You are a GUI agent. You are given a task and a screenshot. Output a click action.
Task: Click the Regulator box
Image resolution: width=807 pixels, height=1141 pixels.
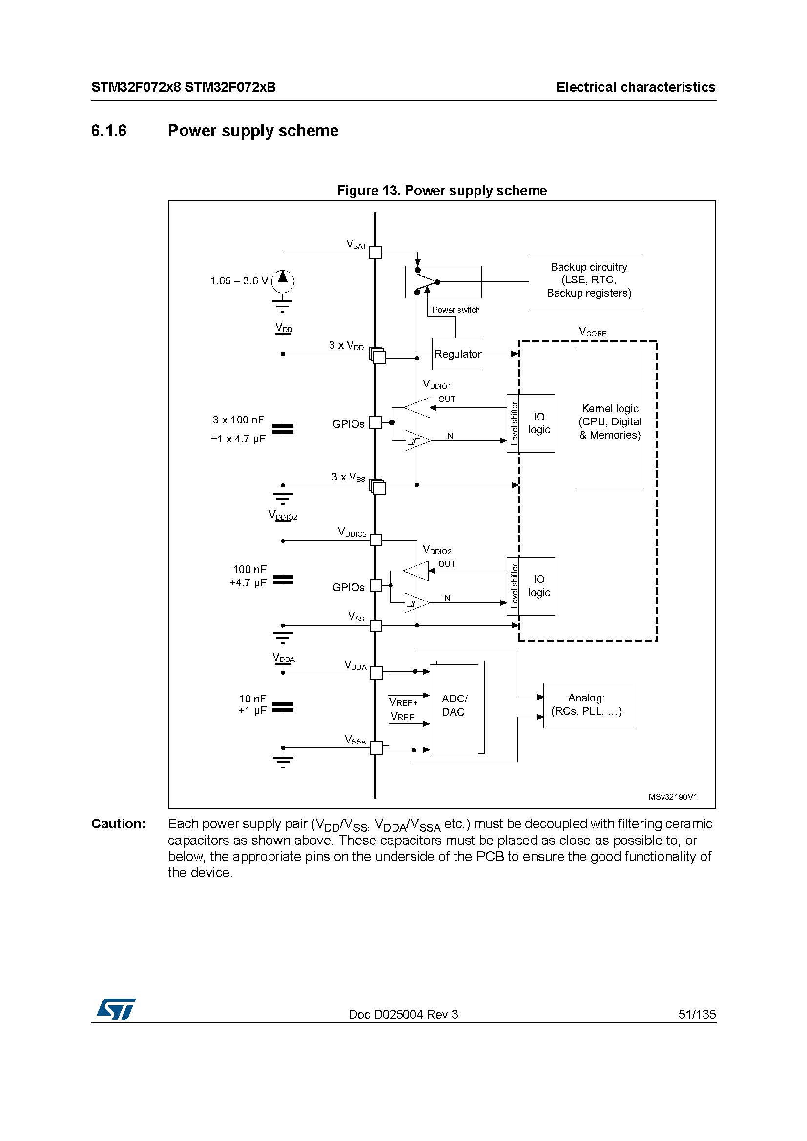(x=457, y=354)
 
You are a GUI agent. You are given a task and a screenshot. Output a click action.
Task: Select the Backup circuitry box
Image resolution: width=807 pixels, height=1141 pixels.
(x=586, y=282)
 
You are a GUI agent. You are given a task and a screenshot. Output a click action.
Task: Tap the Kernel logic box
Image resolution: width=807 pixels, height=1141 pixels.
(x=610, y=420)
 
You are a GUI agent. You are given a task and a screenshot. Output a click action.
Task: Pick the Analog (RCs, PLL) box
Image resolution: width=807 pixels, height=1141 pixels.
(x=588, y=705)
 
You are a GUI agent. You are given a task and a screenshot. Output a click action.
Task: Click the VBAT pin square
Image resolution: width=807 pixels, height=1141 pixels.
(x=375, y=252)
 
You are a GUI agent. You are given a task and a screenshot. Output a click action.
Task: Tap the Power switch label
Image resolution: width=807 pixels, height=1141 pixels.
(x=456, y=310)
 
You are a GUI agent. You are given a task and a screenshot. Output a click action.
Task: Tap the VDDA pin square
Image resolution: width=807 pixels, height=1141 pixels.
(x=376, y=673)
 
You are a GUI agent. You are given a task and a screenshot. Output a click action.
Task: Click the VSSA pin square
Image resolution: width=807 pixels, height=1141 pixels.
(x=376, y=747)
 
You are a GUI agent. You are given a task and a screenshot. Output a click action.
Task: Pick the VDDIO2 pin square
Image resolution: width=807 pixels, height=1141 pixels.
(x=376, y=540)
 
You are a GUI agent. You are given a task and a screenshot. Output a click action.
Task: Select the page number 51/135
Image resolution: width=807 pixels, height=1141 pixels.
(x=697, y=1014)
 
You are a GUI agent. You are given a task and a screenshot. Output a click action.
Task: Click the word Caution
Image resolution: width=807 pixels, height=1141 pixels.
(x=118, y=824)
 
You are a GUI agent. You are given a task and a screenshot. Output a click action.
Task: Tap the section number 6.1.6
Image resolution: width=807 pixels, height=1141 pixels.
(x=108, y=131)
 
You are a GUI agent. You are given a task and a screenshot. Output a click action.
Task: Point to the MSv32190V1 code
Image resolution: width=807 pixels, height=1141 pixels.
(x=673, y=797)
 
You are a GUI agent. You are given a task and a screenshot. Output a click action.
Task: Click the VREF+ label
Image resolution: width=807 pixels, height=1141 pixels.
(x=403, y=702)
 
